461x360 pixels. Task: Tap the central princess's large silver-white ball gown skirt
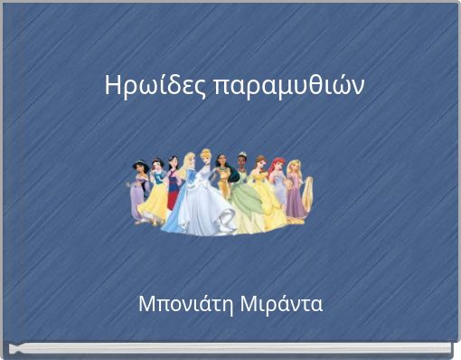(x=208, y=210)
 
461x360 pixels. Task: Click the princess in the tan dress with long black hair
(x=223, y=181)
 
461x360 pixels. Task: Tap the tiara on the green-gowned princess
(x=242, y=154)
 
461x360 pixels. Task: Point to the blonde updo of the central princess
(x=206, y=154)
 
